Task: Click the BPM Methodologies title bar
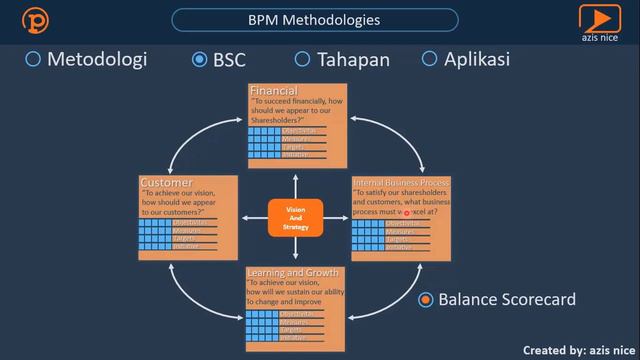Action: (314, 19)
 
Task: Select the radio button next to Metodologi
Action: (33, 59)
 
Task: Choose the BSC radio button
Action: (199, 59)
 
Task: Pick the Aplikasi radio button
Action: (430, 59)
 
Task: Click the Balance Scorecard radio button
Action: (426, 299)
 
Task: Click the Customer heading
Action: (166, 182)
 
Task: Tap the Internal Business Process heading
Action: (401, 183)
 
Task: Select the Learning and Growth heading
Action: (294, 272)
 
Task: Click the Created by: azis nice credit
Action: (580, 349)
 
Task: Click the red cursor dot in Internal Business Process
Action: (407, 213)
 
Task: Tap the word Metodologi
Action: (97, 59)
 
